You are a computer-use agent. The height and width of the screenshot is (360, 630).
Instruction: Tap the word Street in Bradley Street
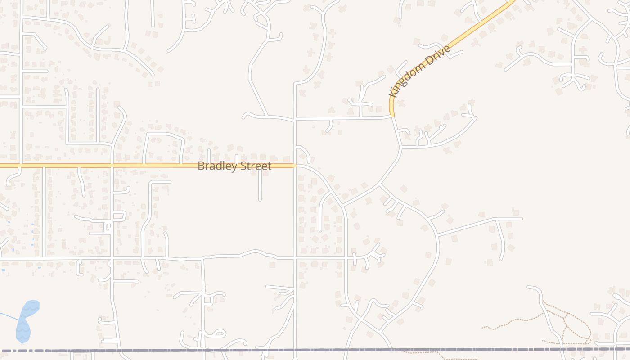pos(254,166)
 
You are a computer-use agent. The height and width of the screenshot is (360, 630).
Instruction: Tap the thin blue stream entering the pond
pos(9,316)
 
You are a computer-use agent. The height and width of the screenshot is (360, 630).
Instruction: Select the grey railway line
pos(315,350)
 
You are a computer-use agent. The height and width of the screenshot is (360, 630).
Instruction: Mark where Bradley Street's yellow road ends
pos(295,166)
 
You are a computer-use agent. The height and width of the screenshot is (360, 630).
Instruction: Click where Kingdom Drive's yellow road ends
pos(392,116)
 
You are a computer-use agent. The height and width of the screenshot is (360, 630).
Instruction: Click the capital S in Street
pos(243,166)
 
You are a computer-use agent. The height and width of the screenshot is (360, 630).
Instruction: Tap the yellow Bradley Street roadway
pos(90,166)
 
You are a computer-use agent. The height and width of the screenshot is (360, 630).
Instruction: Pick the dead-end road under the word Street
pos(260,189)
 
